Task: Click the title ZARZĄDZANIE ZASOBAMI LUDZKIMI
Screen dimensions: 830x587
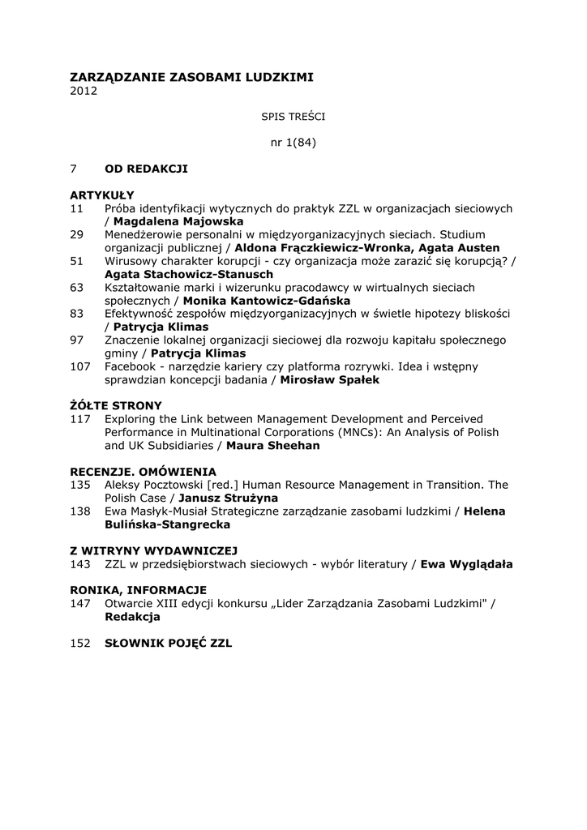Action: (x=191, y=77)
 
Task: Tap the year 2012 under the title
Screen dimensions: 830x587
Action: (x=84, y=91)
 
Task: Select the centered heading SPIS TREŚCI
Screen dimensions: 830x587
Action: (x=293, y=117)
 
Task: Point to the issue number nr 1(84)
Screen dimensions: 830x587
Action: (x=293, y=143)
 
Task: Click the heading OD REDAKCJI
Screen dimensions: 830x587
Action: (x=146, y=169)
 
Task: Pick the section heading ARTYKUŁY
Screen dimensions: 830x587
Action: (x=102, y=195)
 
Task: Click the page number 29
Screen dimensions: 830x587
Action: (x=77, y=234)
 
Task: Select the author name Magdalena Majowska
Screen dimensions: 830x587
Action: (x=178, y=221)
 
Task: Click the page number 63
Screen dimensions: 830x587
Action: (x=77, y=287)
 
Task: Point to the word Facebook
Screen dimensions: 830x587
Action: (x=131, y=366)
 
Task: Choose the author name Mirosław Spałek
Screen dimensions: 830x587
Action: (x=329, y=379)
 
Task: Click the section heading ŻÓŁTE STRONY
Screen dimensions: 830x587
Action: (x=116, y=405)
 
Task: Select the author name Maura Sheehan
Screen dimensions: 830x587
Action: (x=273, y=445)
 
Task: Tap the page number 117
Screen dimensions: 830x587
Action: (x=80, y=418)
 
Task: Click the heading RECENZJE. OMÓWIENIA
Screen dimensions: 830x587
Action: (x=143, y=471)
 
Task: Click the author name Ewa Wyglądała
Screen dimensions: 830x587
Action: (x=466, y=563)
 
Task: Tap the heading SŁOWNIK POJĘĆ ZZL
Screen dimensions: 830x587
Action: (x=169, y=643)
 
